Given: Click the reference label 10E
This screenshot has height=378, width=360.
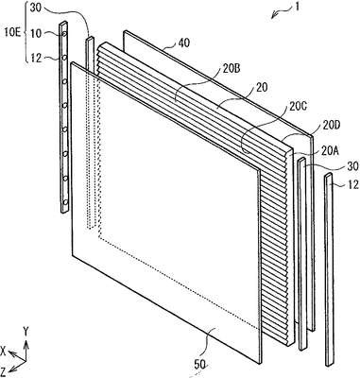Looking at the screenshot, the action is click(x=12, y=32).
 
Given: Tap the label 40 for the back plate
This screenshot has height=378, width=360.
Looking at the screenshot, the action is click(x=183, y=43).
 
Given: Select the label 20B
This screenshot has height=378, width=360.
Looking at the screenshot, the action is click(x=231, y=69).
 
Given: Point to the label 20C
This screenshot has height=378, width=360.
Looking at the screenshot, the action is click(x=297, y=106).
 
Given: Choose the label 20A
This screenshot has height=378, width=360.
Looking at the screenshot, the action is click(x=330, y=150).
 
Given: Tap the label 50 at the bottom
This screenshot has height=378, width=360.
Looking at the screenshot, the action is click(x=200, y=365).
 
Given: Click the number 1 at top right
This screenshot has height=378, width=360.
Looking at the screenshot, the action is click(x=297, y=7).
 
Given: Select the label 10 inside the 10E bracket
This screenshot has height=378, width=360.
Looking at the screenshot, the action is click(x=36, y=33).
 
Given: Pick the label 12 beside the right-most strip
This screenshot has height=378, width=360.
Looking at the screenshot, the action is click(x=353, y=184).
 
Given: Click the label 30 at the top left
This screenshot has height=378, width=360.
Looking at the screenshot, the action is click(x=36, y=8).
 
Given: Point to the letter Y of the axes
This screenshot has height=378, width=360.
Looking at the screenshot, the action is click(x=26, y=331).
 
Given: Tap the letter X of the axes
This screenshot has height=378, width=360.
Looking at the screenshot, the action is click(x=4, y=351).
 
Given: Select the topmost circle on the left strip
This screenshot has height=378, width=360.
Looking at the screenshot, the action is click(x=65, y=33).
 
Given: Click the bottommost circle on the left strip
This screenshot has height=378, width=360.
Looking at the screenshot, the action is click(x=65, y=202).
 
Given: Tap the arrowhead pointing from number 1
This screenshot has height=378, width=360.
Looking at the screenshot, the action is click(x=273, y=15).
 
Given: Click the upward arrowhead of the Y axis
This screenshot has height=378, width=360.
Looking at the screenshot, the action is click(x=26, y=344).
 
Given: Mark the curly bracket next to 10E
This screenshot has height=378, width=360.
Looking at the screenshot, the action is click(x=26, y=32).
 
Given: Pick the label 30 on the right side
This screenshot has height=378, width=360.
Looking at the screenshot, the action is click(x=353, y=166).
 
